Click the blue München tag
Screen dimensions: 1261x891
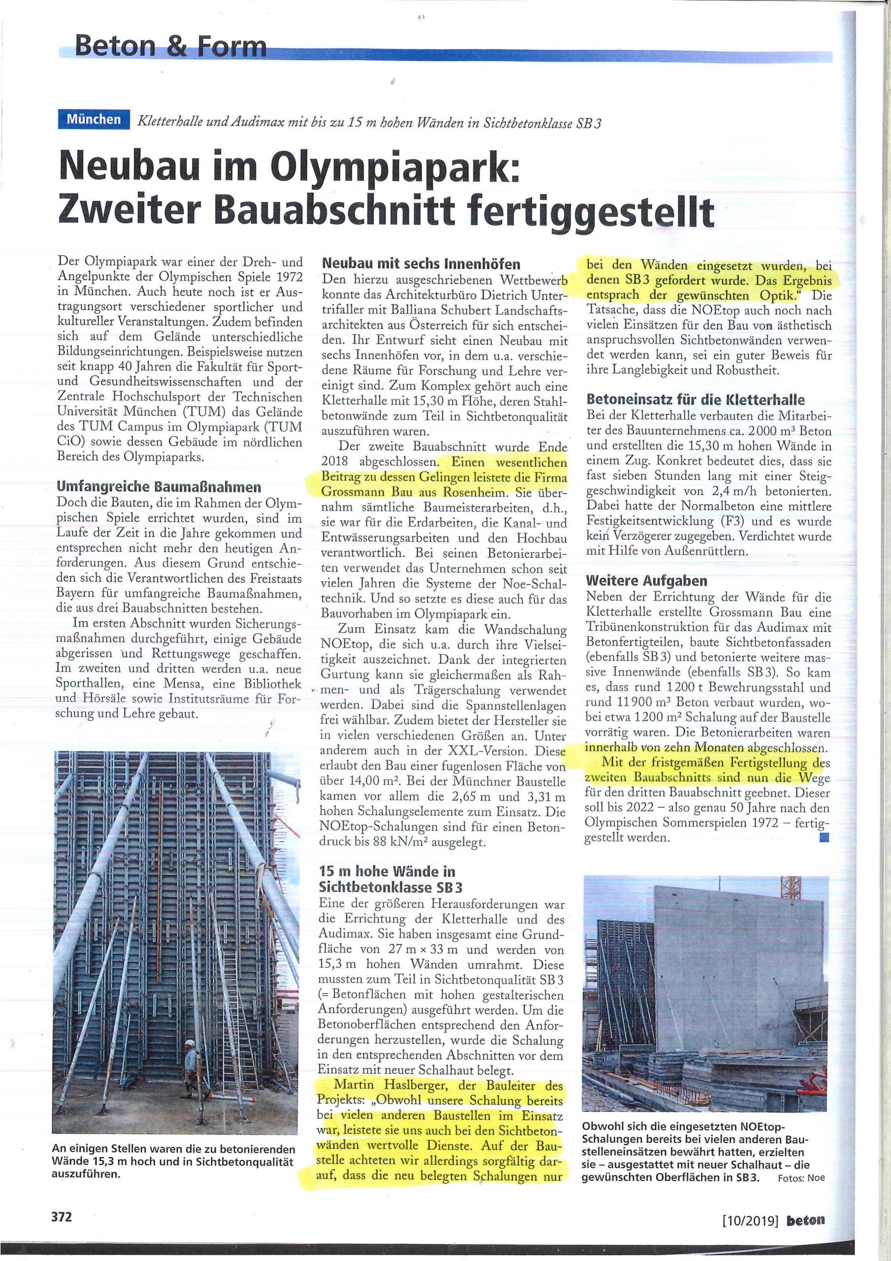pos(94,119)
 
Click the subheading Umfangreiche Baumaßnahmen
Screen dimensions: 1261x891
pos(159,487)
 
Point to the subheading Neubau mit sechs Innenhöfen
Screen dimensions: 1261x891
pos(420,264)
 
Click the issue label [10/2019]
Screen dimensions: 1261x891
pos(751,1217)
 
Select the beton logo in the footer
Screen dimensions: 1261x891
pos(805,1217)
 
